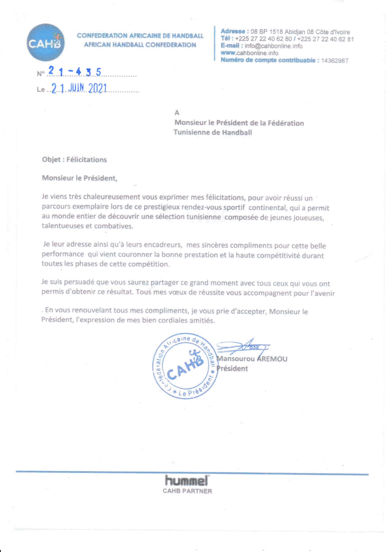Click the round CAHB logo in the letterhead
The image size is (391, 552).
click(46, 42)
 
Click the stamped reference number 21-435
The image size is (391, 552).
click(75, 72)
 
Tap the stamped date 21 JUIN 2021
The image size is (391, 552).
click(79, 89)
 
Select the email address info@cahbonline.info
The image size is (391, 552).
click(273, 46)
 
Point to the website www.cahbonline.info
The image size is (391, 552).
click(249, 53)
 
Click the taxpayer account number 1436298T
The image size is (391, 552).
click(335, 61)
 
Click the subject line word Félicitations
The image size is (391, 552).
click(87, 160)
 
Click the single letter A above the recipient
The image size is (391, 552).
click(177, 113)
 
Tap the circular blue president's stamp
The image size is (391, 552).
click(185, 366)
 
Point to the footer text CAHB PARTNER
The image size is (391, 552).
click(187, 491)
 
